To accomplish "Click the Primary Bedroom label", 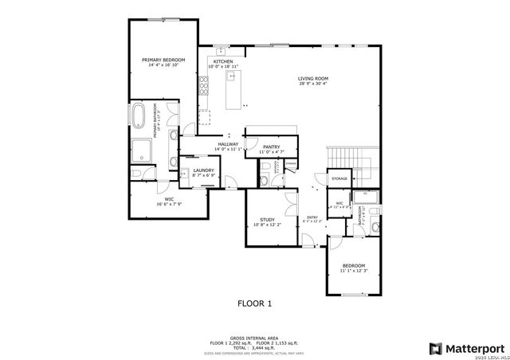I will [164, 60].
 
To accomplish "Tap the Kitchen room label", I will [222, 61].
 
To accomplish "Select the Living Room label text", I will [313, 78].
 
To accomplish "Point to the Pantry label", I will [271, 147].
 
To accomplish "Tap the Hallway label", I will [228, 144].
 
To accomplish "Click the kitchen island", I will [233, 89].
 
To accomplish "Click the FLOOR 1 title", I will [255, 303].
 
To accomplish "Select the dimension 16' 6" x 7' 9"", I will [169, 205].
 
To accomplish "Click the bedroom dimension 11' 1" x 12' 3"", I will [353, 271].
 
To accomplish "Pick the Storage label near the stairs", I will [339, 178].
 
